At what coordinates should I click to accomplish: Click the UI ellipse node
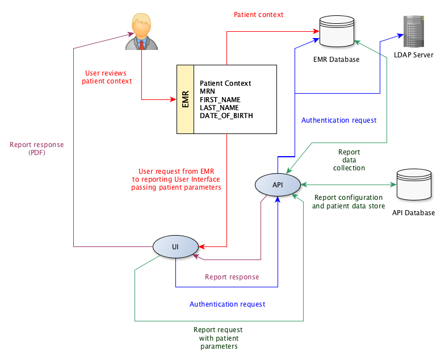point(176,246)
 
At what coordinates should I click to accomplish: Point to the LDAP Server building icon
point(414,32)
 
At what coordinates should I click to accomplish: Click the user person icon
point(140,32)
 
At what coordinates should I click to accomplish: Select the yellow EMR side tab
point(185,99)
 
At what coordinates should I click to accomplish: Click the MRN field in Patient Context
point(208,91)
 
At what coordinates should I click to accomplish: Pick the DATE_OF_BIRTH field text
point(226,116)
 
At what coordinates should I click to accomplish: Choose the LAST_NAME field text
point(219,108)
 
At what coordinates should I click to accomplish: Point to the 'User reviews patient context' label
point(106,77)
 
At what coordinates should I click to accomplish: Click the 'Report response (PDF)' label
point(36,148)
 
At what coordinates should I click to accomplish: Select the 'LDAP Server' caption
point(414,55)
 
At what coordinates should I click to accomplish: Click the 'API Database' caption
point(413,213)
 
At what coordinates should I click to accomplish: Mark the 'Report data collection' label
point(349,160)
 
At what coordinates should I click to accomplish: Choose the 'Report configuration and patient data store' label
point(349,202)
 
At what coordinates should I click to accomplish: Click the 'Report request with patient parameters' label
point(218,338)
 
